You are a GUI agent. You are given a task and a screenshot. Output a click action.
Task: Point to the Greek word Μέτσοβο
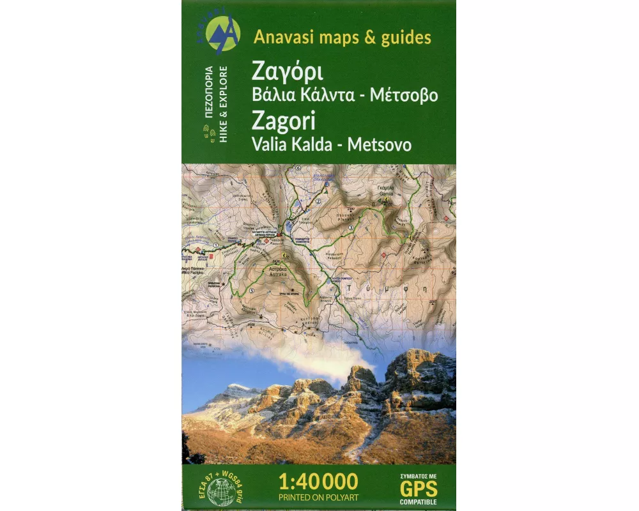coord(405,95)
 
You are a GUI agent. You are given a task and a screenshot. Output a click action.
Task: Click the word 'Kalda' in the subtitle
coord(311,144)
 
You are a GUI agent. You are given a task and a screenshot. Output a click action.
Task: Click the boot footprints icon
coord(206,135)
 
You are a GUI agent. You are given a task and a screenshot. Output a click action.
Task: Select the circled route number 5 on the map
coord(252,291)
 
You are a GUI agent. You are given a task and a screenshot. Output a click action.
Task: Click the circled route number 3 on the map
coord(350,227)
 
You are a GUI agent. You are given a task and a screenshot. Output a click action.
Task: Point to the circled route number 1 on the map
coord(216,245)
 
